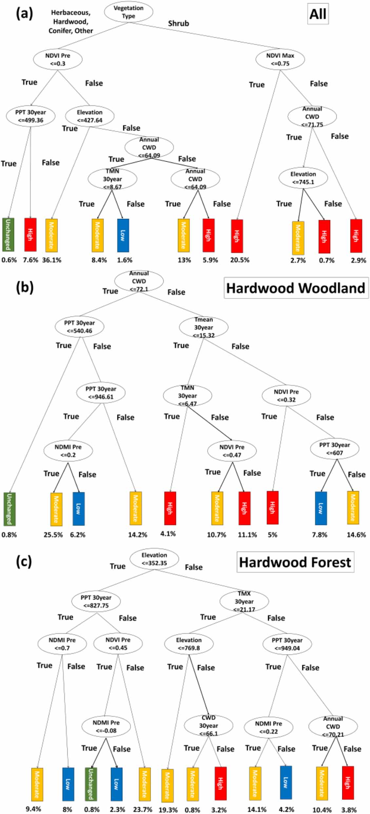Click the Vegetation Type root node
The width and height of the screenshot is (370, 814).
128,12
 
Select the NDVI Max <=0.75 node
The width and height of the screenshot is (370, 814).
280,59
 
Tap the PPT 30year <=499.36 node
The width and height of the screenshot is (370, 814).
30,116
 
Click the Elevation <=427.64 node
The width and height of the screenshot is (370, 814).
89,116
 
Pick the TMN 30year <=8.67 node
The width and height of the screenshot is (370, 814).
112,179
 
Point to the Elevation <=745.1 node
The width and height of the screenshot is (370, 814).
303,178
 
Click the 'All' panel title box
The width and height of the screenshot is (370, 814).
318,14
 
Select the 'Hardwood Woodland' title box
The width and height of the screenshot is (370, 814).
296,288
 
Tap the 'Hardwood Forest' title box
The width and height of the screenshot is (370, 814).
295,562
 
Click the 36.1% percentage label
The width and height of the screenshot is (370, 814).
52,260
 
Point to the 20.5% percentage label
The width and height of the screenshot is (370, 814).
240,260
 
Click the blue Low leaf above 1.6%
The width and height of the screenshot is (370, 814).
123,235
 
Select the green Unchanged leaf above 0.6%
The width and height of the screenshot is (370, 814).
8,234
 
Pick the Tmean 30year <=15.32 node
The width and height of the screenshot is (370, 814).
204,327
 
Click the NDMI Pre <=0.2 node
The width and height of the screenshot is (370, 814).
68,451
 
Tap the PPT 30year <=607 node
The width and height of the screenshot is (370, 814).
335,449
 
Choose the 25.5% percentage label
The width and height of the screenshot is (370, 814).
53,535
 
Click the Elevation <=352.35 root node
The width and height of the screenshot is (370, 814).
154,559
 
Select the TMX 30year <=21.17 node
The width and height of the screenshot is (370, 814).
244,601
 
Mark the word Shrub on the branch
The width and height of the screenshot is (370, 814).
179,24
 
